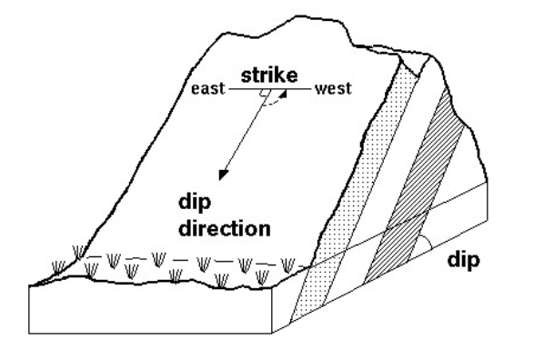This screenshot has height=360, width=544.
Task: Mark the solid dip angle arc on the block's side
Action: tap(424, 240)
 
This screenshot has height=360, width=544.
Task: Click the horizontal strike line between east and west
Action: tap(246, 90)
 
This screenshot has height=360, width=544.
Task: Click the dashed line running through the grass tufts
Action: tap(182, 260)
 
